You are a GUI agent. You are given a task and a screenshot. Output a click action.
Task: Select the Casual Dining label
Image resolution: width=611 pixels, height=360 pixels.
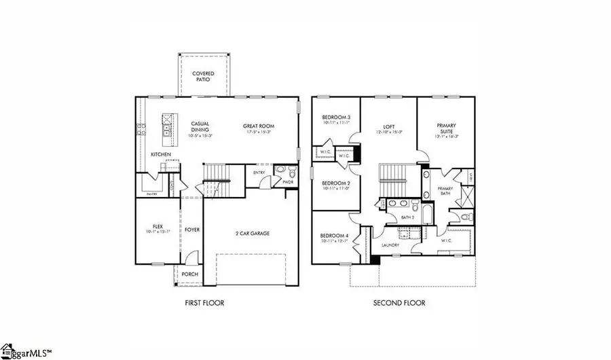200,126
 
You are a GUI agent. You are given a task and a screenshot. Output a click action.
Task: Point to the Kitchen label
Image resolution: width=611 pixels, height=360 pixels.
161,155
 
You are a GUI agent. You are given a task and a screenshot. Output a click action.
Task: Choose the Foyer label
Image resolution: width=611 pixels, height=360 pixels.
192,230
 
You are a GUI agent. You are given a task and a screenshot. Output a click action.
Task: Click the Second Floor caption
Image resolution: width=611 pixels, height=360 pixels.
399,302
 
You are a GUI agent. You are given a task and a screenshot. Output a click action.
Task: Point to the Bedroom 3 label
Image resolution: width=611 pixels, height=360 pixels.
335,118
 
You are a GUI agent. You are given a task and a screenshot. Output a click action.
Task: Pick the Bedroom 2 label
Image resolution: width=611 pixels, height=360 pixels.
335,183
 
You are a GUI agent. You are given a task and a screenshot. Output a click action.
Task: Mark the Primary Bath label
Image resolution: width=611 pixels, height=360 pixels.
445,190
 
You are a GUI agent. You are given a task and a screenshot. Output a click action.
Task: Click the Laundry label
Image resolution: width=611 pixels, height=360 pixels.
390,245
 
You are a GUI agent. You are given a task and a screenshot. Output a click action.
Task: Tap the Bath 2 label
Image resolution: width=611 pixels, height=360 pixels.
407,217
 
